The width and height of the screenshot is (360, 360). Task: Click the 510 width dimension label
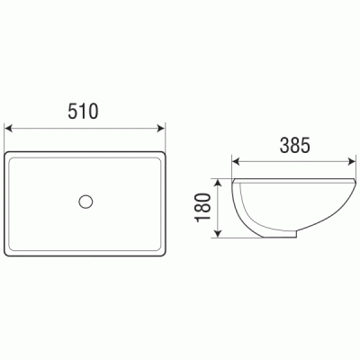coord(83,111)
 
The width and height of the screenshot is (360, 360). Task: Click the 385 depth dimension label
coord(294,145)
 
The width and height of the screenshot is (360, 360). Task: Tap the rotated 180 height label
coord(203,208)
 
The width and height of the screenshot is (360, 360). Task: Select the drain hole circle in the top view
coord(85,202)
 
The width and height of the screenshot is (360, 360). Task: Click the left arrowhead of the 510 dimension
coord(9,129)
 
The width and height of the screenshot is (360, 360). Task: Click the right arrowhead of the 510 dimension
coord(161,129)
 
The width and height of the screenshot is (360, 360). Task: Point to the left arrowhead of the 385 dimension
coord(236,162)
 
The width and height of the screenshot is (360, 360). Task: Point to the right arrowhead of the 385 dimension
coord(352,162)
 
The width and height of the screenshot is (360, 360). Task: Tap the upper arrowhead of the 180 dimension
coord(219,184)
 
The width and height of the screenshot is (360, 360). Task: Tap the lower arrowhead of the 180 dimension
coord(219,233)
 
